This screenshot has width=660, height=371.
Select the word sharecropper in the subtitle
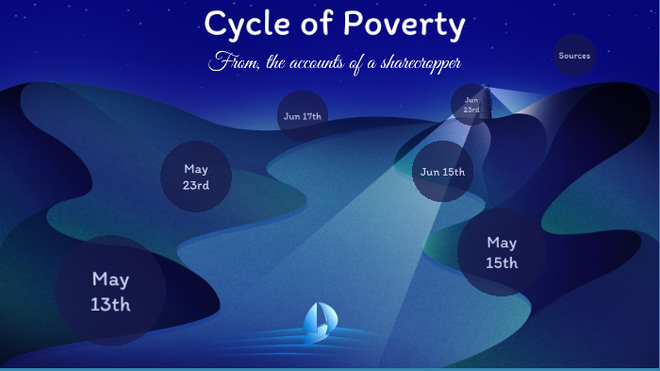point(416,62)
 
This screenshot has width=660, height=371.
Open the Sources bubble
point(574,56)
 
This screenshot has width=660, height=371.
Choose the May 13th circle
point(110,291)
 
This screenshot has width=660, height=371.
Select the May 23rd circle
point(196,177)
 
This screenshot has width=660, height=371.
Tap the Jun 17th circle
point(303,116)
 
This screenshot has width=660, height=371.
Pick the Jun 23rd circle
point(471,104)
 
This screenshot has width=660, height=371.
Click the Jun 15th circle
point(442,172)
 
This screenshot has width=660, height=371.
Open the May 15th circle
point(502,252)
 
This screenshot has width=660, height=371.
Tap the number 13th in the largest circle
point(110,304)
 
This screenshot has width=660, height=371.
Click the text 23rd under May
point(196,185)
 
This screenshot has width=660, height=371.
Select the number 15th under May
point(502,263)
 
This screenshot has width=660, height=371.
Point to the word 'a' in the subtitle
point(364,62)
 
